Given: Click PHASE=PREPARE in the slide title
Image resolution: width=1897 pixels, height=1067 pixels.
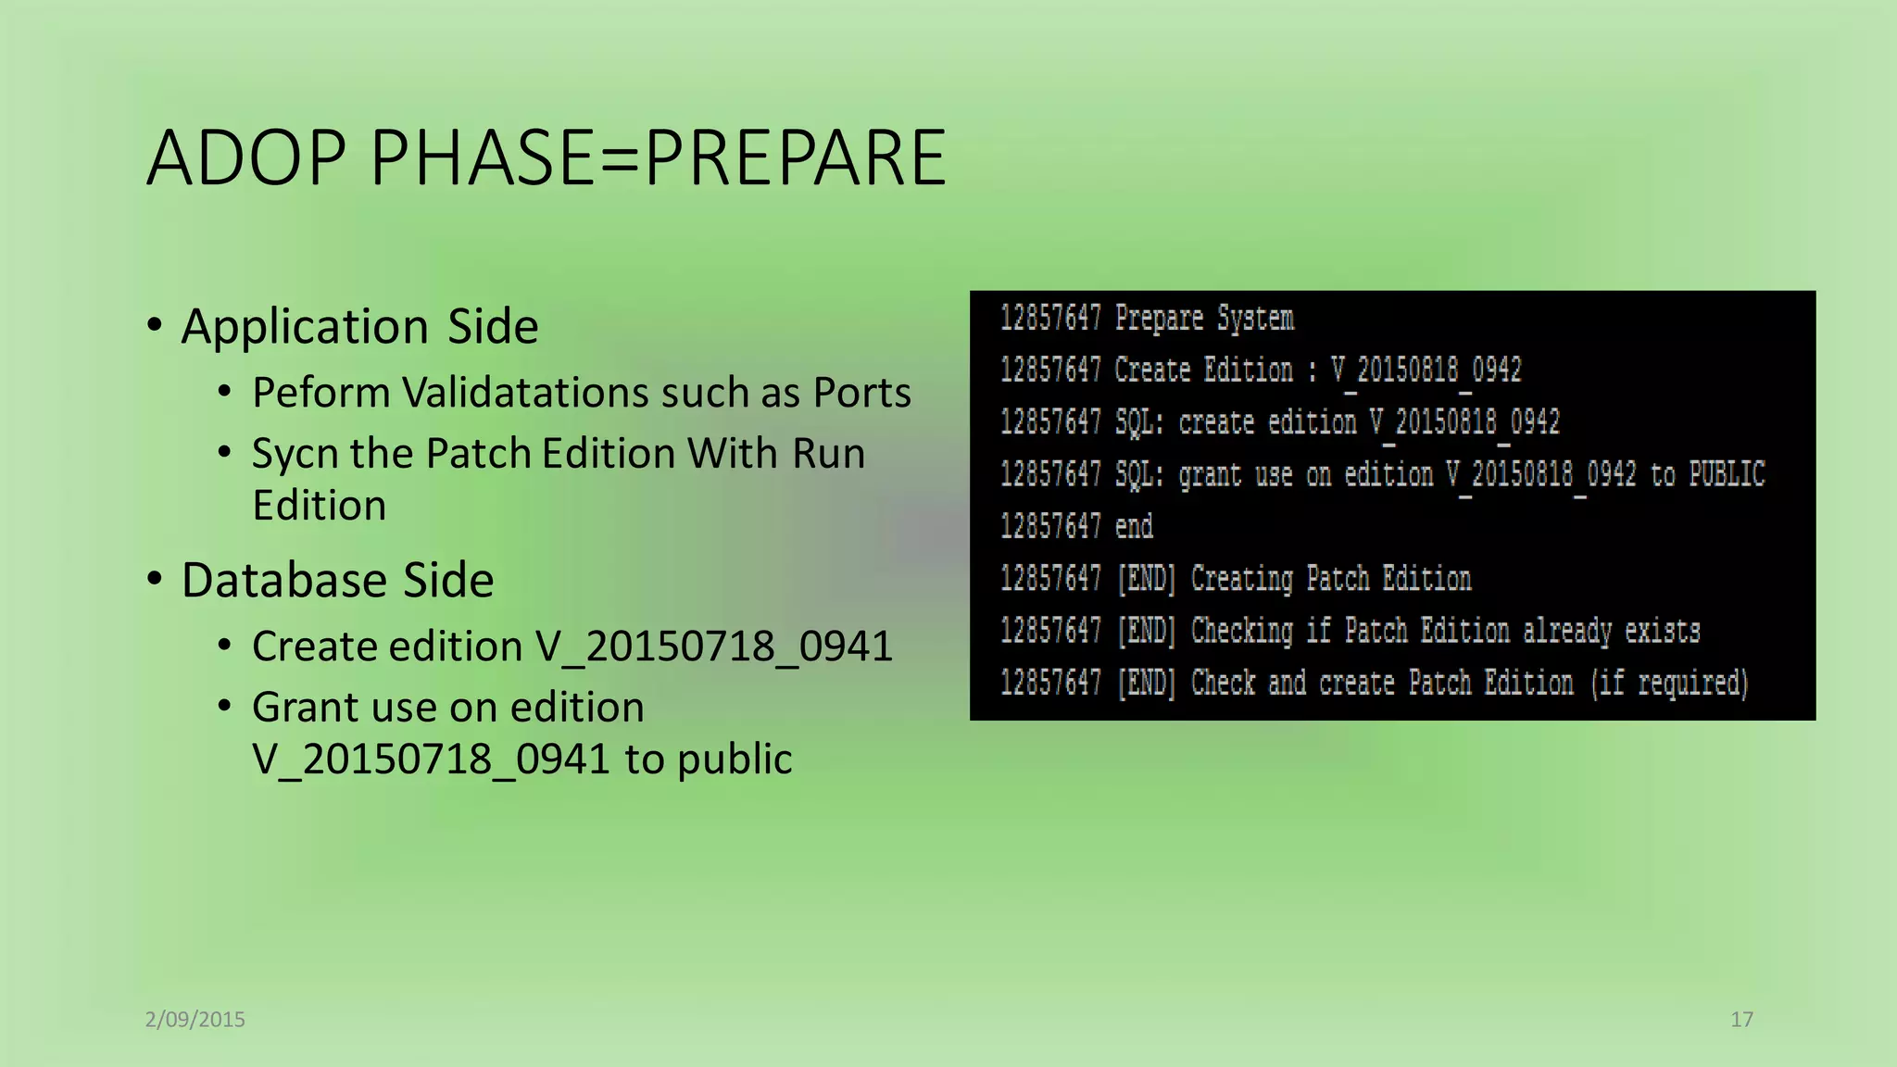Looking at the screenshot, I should [658, 157].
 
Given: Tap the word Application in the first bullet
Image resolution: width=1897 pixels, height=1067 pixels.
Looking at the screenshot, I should [305, 326].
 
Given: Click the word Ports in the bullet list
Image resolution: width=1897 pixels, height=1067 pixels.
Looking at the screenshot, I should [862, 393].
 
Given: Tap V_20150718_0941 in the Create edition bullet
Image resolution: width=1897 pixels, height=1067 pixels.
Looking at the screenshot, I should [714, 646].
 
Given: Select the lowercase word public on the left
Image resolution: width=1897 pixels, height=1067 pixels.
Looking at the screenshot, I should [735, 759].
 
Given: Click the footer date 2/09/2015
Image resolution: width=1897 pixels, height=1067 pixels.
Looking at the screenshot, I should [195, 1020].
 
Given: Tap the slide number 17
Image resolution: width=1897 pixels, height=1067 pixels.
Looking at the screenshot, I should [1741, 1020].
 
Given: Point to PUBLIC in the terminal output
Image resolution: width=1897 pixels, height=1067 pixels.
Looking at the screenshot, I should [1727, 475].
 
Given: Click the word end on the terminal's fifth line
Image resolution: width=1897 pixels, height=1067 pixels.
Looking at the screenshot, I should [1134, 527].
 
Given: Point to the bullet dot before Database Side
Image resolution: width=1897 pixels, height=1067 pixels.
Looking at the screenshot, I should [155, 579].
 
